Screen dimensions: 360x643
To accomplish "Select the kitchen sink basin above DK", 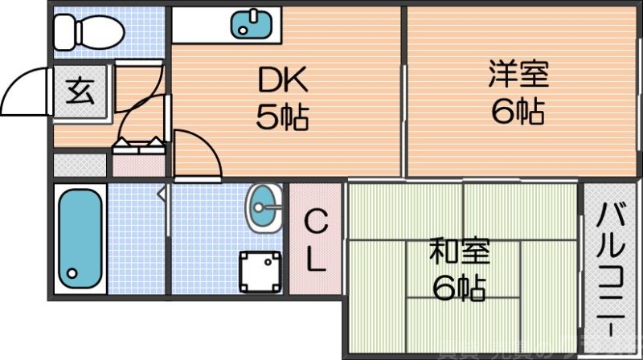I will tap(251, 24).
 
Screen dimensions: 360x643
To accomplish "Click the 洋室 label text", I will tap(518, 75).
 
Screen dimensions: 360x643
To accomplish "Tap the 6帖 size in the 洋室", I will tap(518, 111).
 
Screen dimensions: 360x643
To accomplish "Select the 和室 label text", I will tap(458, 252).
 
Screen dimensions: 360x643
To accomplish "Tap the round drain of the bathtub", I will tap(73, 273).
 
